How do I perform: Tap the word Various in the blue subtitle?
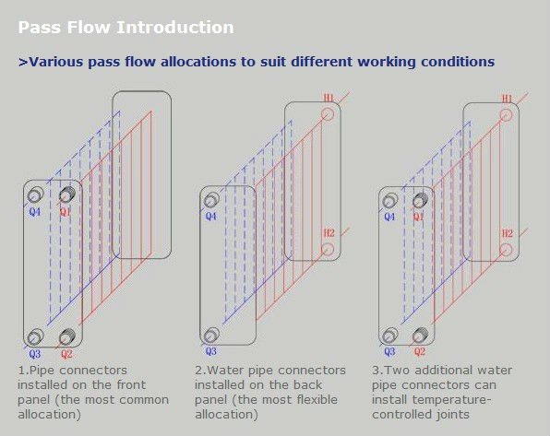pyautogui.click(x=55, y=62)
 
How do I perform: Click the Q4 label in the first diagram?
pyautogui.click(x=35, y=212)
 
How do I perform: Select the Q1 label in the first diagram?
pyautogui.click(x=66, y=212)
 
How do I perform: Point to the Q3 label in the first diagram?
pyautogui.click(x=35, y=354)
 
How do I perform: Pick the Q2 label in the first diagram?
pyautogui.click(x=66, y=354)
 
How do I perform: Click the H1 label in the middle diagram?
pyautogui.click(x=329, y=98)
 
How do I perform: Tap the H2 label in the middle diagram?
pyautogui.click(x=329, y=232)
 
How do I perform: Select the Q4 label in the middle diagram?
pyautogui.click(x=210, y=217)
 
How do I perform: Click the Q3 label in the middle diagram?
pyautogui.click(x=210, y=351)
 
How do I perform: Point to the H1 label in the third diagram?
pyautogui.click(x=508, y=99)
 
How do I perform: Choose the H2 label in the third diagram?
pyautogui.click(x=508, y=233)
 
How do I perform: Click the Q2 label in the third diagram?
pyautogui.click(x=420, y=351)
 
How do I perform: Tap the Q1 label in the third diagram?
pyautogui.click(x=418, y=217)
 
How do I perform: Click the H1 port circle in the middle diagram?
pyautogui.click(x=328, y=114)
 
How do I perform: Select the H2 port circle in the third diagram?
pyautogui.click(x=506, y=250)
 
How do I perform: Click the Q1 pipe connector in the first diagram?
pyautogui.click(x=67, y=194)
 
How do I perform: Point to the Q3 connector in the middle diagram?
pyautogui.click(x=211, y=335)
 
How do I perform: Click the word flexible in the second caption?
pyautogui.click(x=317, y=399)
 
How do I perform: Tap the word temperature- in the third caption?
pyautogui.click(x=451, y=400)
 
